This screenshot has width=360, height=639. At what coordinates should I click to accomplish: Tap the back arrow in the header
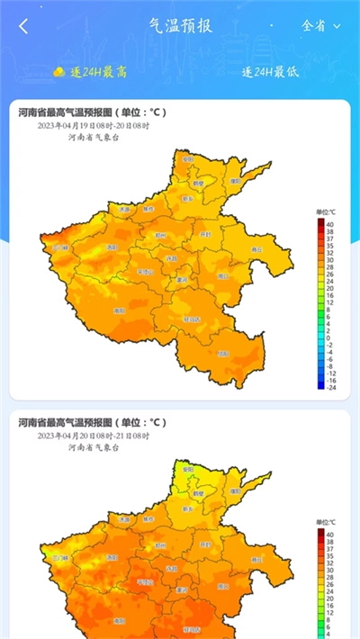tap(23, 26)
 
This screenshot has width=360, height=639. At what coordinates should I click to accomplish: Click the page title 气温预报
tap(180, 25)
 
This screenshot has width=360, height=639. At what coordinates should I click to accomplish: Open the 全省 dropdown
tap(320, 26)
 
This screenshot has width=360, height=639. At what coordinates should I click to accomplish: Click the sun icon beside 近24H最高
tap(58, 71)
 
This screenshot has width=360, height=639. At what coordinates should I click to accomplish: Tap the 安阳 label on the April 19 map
tap(187, 157)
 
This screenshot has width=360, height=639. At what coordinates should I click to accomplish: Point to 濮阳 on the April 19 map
tap(235, 180)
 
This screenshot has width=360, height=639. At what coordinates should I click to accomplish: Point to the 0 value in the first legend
tap(330, 337)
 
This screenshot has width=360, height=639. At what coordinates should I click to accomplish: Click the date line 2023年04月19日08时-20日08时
tap(94, 126)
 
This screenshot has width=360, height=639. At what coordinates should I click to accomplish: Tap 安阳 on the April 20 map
tap(187, 470)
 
